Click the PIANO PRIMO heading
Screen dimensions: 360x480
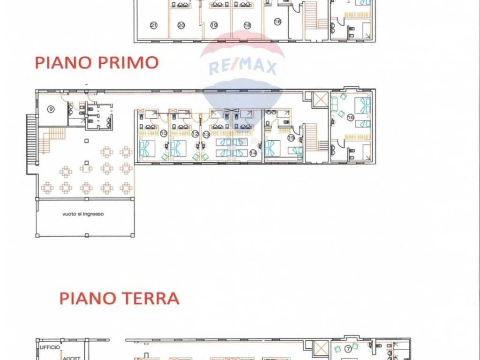pos(97,63)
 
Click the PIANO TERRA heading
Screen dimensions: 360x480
pos(120,299)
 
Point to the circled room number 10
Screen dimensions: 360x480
pos(164,134)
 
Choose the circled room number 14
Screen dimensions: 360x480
pos(253,152)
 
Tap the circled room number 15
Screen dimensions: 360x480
pos(291,138)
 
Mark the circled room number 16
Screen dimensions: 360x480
pos(350,118)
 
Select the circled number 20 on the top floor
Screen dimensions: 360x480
pos(181,25)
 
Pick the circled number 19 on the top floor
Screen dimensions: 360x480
pos(214,25)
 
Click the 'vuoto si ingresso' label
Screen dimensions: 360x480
pos(83,214)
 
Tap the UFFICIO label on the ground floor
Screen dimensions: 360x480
pos(50,347)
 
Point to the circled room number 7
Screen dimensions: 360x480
pos(348,349)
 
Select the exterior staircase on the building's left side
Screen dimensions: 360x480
pos(31,145)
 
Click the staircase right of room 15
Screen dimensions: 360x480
pos(312,137)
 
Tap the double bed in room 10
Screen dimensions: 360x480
pos(145,148)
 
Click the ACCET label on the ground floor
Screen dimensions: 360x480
pos(69,357)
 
